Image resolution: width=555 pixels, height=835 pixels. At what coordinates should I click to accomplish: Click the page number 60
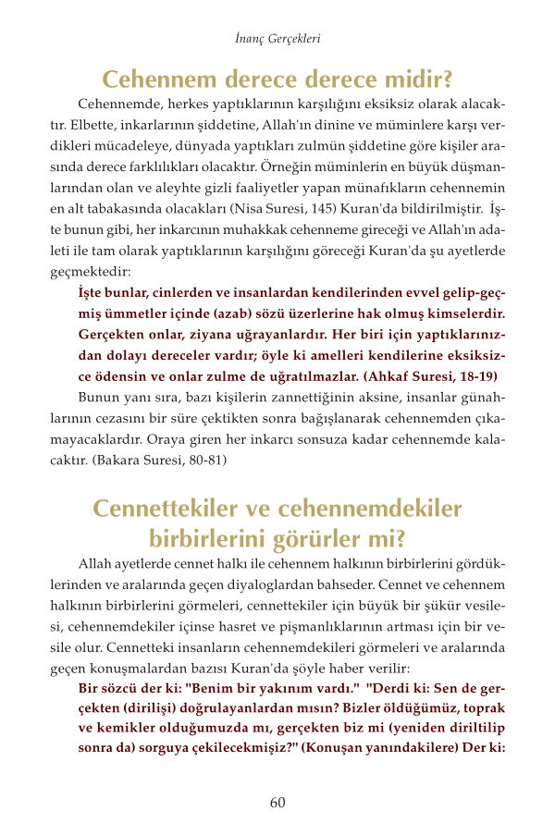coord(277,802)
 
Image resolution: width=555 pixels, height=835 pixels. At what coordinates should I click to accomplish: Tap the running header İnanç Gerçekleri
coord(277,41)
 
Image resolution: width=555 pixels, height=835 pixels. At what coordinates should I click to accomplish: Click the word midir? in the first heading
coord(410,78)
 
